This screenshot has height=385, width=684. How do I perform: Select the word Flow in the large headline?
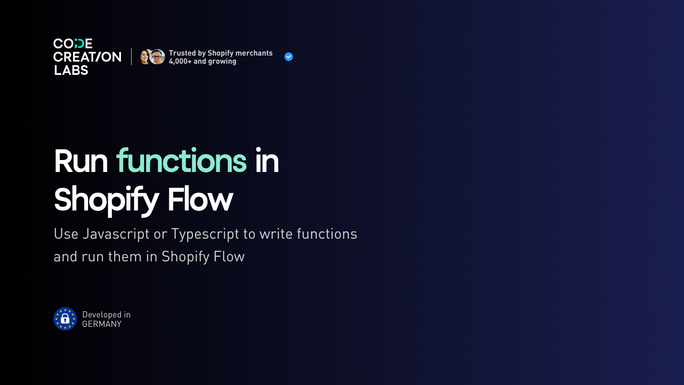(x=200, y=199)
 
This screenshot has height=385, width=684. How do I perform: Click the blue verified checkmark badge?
(x=289, y=57)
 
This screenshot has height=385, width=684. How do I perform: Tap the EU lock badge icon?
(x=65, y=319)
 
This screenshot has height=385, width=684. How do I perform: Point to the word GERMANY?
(x=102, y=324)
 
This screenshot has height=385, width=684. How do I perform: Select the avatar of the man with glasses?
(x=157, y=57)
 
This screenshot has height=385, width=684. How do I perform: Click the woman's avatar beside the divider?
(x=145, y=57)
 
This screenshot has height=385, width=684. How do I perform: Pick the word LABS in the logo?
(x=71, y=70)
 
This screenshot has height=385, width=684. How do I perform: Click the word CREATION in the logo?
(x=87, y=57)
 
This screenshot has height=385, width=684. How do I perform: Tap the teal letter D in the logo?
(x=79, y=43)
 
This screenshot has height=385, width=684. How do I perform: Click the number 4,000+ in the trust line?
(x=180, y=62)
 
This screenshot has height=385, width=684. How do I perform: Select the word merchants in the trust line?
(x=254, y=53)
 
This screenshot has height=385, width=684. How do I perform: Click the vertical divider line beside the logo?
(x=132, y=57)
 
